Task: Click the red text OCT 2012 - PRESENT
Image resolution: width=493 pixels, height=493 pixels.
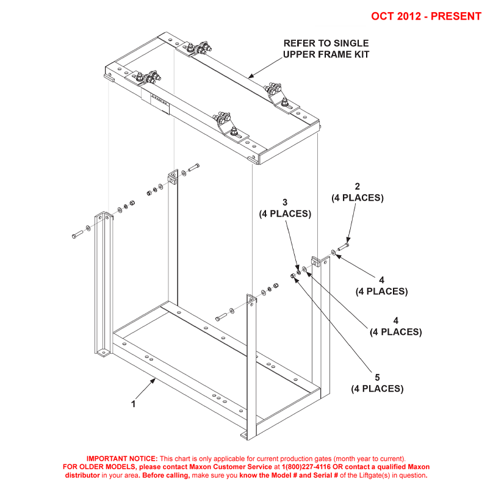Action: [426, 16]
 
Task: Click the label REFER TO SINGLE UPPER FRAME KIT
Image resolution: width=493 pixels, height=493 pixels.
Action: [326, 49]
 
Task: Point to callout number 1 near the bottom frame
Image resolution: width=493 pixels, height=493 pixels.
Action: [133, 404]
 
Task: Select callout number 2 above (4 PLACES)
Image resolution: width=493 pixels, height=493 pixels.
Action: [358, 186]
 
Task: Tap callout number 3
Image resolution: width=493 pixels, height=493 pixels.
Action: [284, 202]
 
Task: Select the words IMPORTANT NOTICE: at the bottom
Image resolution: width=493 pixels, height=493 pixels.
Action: [122, 458]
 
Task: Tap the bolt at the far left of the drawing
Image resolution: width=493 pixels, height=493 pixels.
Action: [77, 234]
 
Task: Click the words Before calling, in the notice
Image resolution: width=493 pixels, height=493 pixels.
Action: [166, 475]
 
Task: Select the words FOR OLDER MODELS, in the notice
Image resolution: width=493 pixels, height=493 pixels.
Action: [96, 466]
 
